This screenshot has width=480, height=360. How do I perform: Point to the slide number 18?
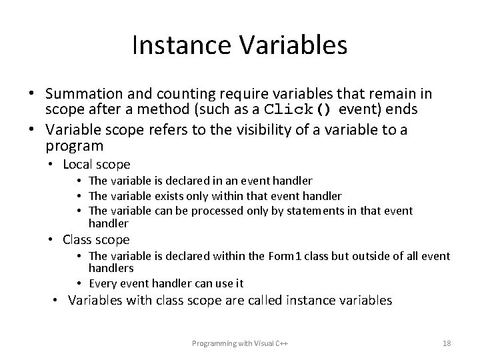tap(447, 343)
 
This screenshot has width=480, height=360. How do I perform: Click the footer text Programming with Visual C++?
tap(240, 343)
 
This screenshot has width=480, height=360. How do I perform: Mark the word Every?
tap(102, 283)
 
